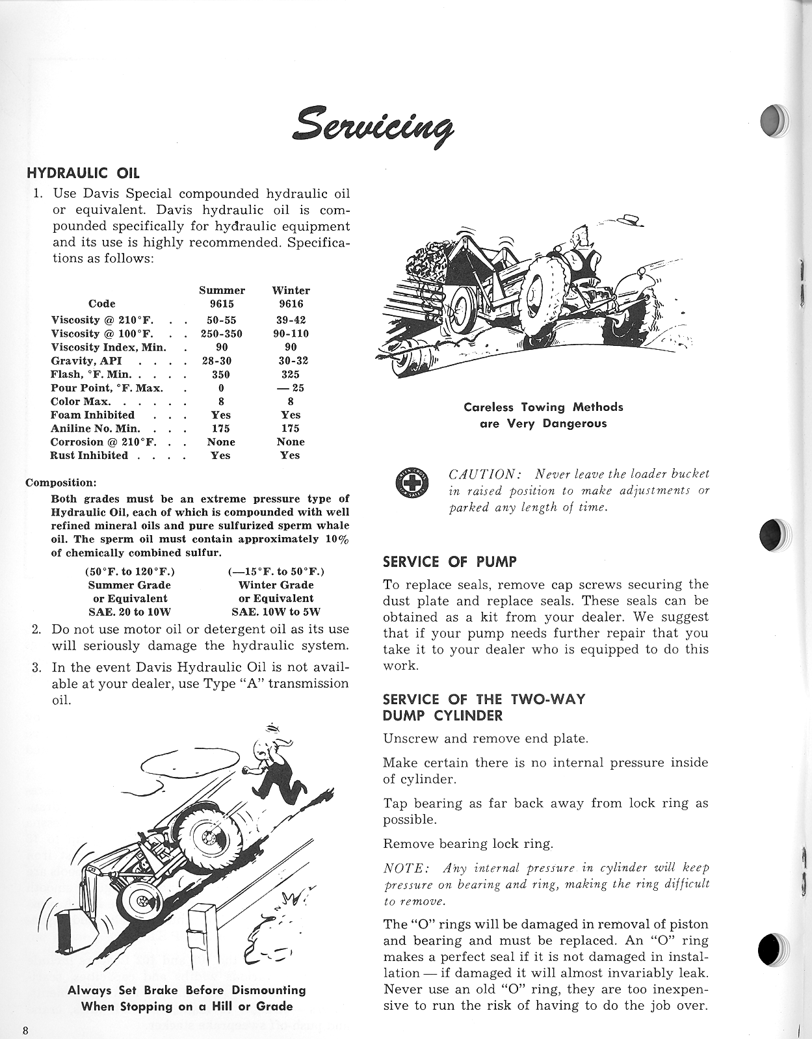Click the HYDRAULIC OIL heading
click(83, 173)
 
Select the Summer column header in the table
click(222, 290)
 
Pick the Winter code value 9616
click(291, 304)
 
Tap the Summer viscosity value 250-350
click(221, 334)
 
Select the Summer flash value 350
click(221, 374)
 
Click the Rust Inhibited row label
click(89, 455)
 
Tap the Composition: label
click(61, 482)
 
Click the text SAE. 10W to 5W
click(276, 612)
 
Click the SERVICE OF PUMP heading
click(450, 562)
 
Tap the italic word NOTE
click(406, 868)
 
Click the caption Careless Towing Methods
click(543, 407)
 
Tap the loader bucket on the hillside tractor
click(77, 929)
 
